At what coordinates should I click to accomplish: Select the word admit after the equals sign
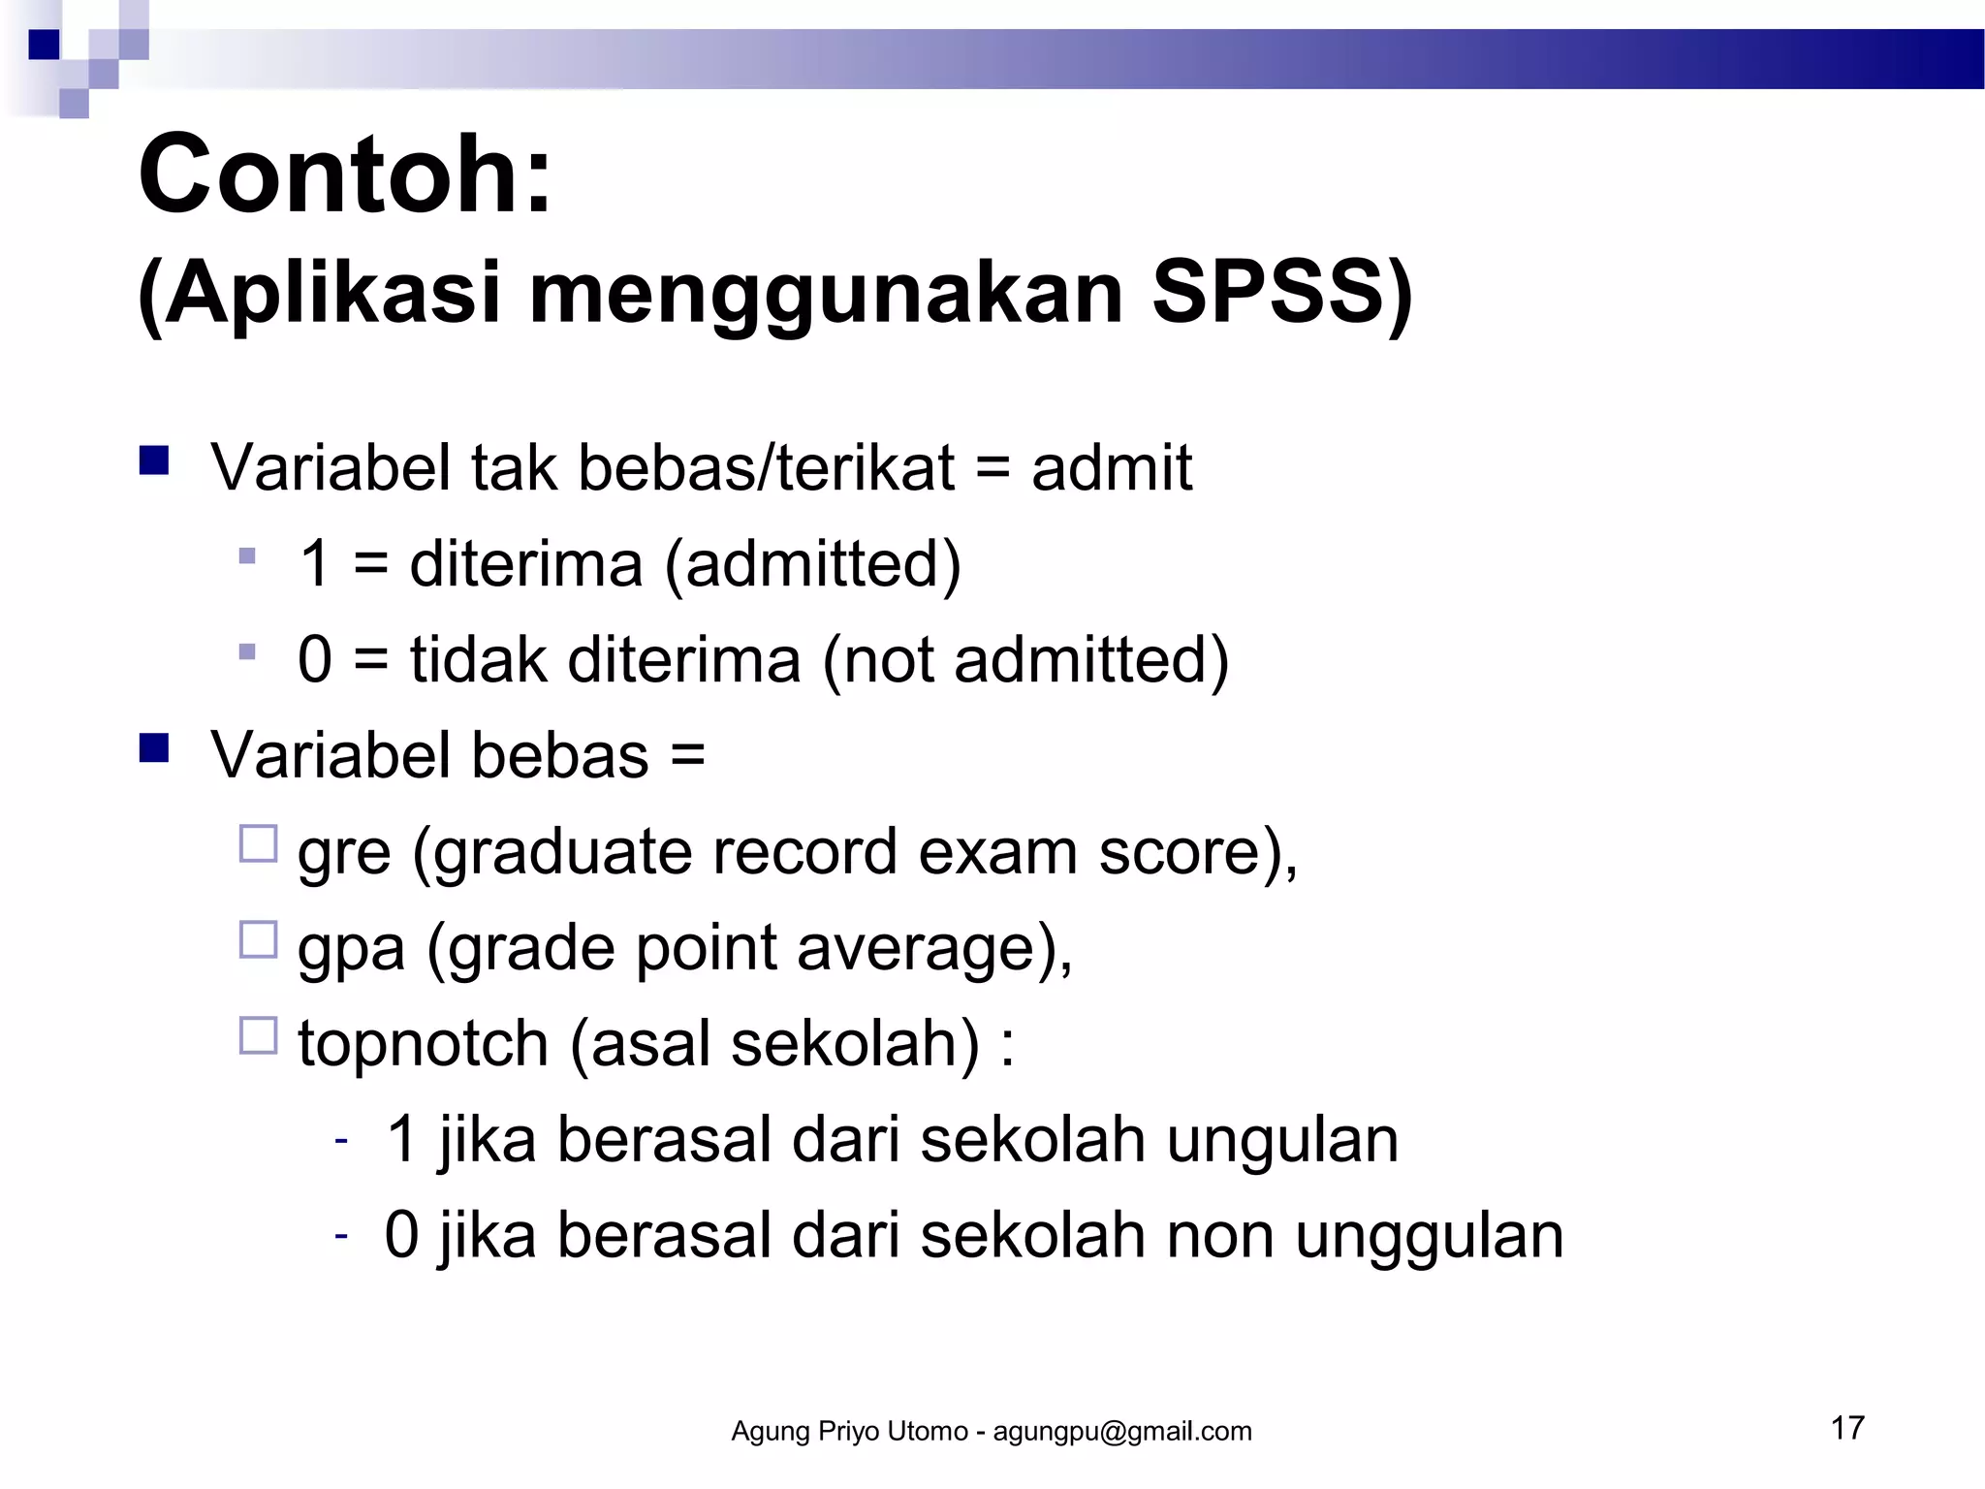[1111, 469]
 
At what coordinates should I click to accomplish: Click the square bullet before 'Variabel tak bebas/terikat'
[154, 459]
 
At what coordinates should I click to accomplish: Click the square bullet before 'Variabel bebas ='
[154, 748]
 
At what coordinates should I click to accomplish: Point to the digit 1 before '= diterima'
[316, 564]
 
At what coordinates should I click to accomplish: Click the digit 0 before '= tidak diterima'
[316, 660]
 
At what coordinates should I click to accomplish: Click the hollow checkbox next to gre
[258, 843]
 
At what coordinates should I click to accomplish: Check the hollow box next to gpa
[258, 939]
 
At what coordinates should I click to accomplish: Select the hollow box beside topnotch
[258, 1035]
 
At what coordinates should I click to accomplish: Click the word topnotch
[424, 1045]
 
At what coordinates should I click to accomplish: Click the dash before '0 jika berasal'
[341, 1235]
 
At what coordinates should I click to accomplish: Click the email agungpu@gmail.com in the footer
[1122, 1432]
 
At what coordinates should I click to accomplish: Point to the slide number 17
[1847, 1428]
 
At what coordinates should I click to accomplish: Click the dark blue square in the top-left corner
[44, 45]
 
